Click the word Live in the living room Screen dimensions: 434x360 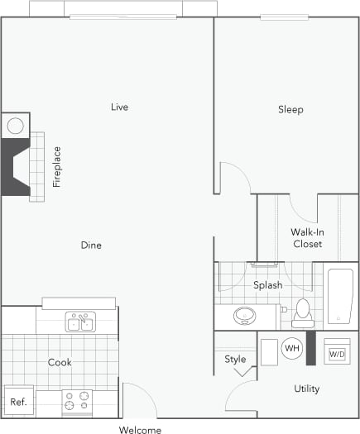pyautogui.click(x=119, y=107)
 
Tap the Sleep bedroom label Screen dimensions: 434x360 pyautogui.click(x=290, y=109)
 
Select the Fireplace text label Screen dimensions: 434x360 pyautogui.click(x=57, y=167)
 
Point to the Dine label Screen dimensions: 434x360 pyautogui.click(x=91, y=245)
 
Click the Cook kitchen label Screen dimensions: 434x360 pyautogui.click(x=60, y=362)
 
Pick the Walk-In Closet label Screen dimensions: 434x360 pyautogui.click(x=307, y=238)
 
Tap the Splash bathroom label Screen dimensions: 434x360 pyautogui.click(x=267, y=285)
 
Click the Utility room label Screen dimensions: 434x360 pyautogui.click(x=306, y=389)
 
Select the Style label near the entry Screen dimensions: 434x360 pyautogui.click(x=235, y=359)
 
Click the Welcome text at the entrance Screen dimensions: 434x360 pyautogui.click(x=140, y=429)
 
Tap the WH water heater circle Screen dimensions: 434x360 pyautogui.click(x=291, y=349)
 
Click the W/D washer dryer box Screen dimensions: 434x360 pyautogui.click(x=337, y=354)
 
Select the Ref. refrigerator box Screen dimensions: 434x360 pyautogui.click(x=18, y=402)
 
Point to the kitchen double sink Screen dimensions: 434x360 pyautogui.click(x=80, y=322)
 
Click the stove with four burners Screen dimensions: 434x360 pyautogui.click(x=76, y=403)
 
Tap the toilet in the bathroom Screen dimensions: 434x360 pyautogui.click(x=301, y=312)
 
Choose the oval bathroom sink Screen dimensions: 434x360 pyautogui.click(x=245, y=315)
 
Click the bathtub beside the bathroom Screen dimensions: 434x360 pyautogui.click(x=340, y=295)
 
